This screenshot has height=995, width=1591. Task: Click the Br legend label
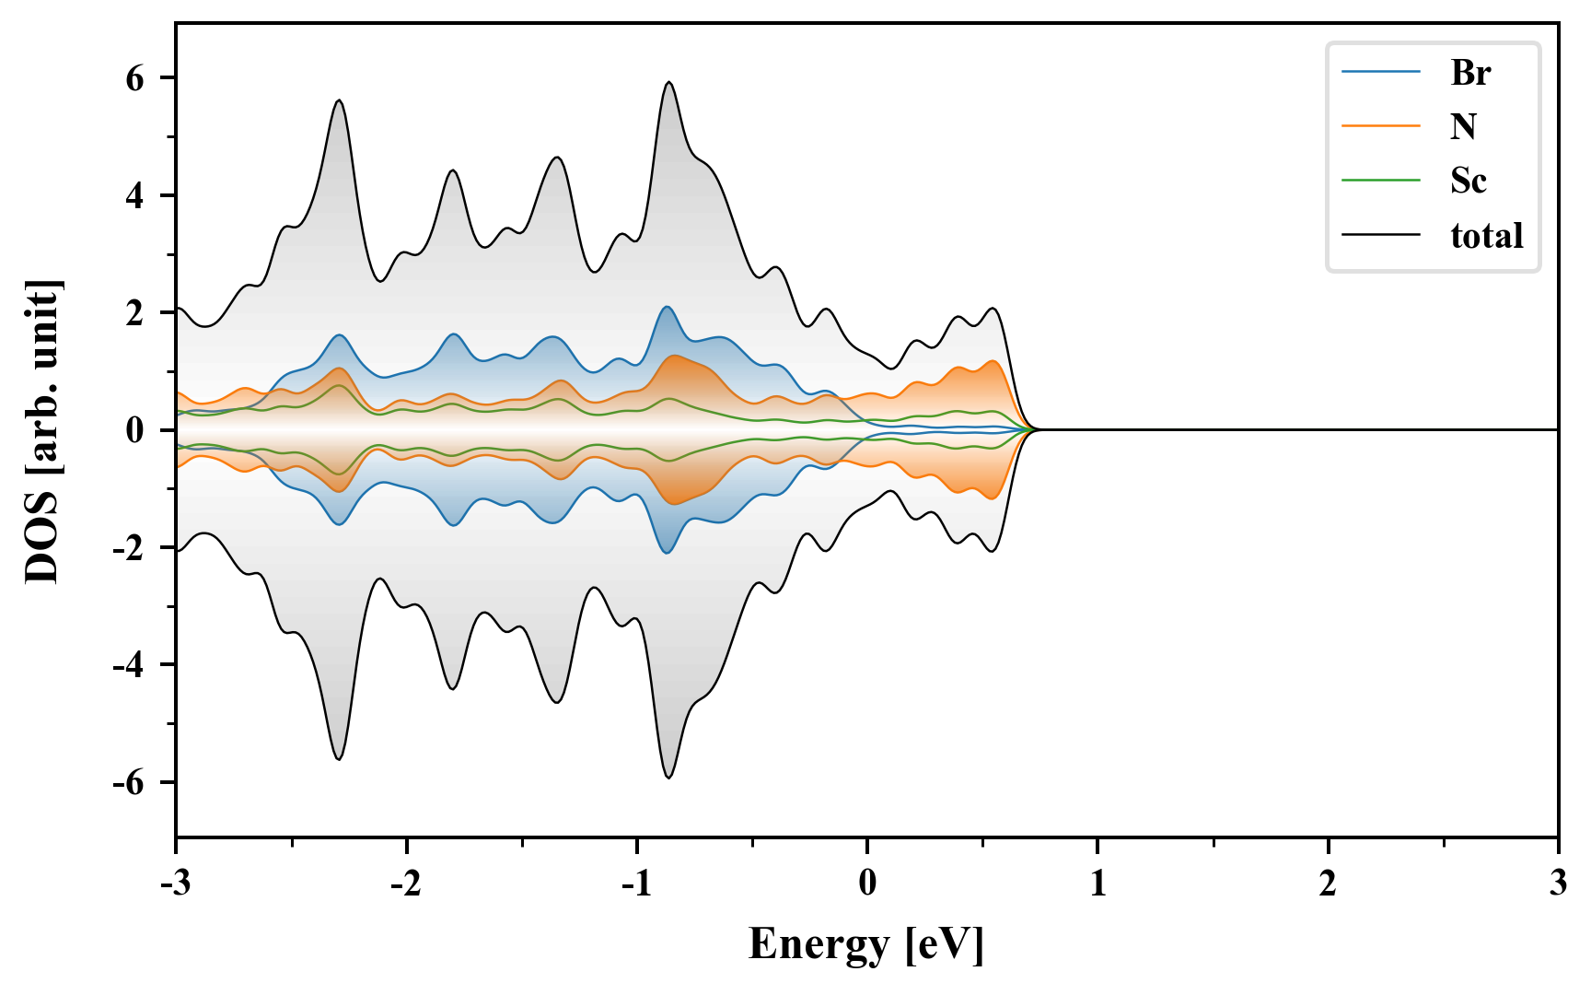(1469, 72)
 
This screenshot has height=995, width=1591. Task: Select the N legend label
(1463, 126)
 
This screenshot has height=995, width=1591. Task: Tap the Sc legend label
(1468, 181)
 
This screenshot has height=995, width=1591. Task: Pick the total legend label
(1486, 236)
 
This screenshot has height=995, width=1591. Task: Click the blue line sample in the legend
(1380, 72)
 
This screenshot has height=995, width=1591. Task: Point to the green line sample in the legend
(1380, 181)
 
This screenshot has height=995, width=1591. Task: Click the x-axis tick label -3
(176, 884)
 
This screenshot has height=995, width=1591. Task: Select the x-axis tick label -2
(406, 884)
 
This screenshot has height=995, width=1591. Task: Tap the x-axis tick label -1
(636, 884)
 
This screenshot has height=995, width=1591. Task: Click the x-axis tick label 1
(1097, 884)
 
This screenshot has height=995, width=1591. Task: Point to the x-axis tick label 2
(1328, 884)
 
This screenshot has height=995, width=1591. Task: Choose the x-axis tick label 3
(1558, 884)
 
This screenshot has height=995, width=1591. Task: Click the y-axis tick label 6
(136, 79)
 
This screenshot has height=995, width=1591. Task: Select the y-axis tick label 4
(136, 196)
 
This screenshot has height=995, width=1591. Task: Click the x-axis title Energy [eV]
(866, 944)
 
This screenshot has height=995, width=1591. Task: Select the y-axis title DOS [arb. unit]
(42, 430)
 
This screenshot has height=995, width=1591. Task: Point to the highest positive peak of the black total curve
(668, 83)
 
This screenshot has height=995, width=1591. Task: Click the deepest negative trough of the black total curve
(668, 778)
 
